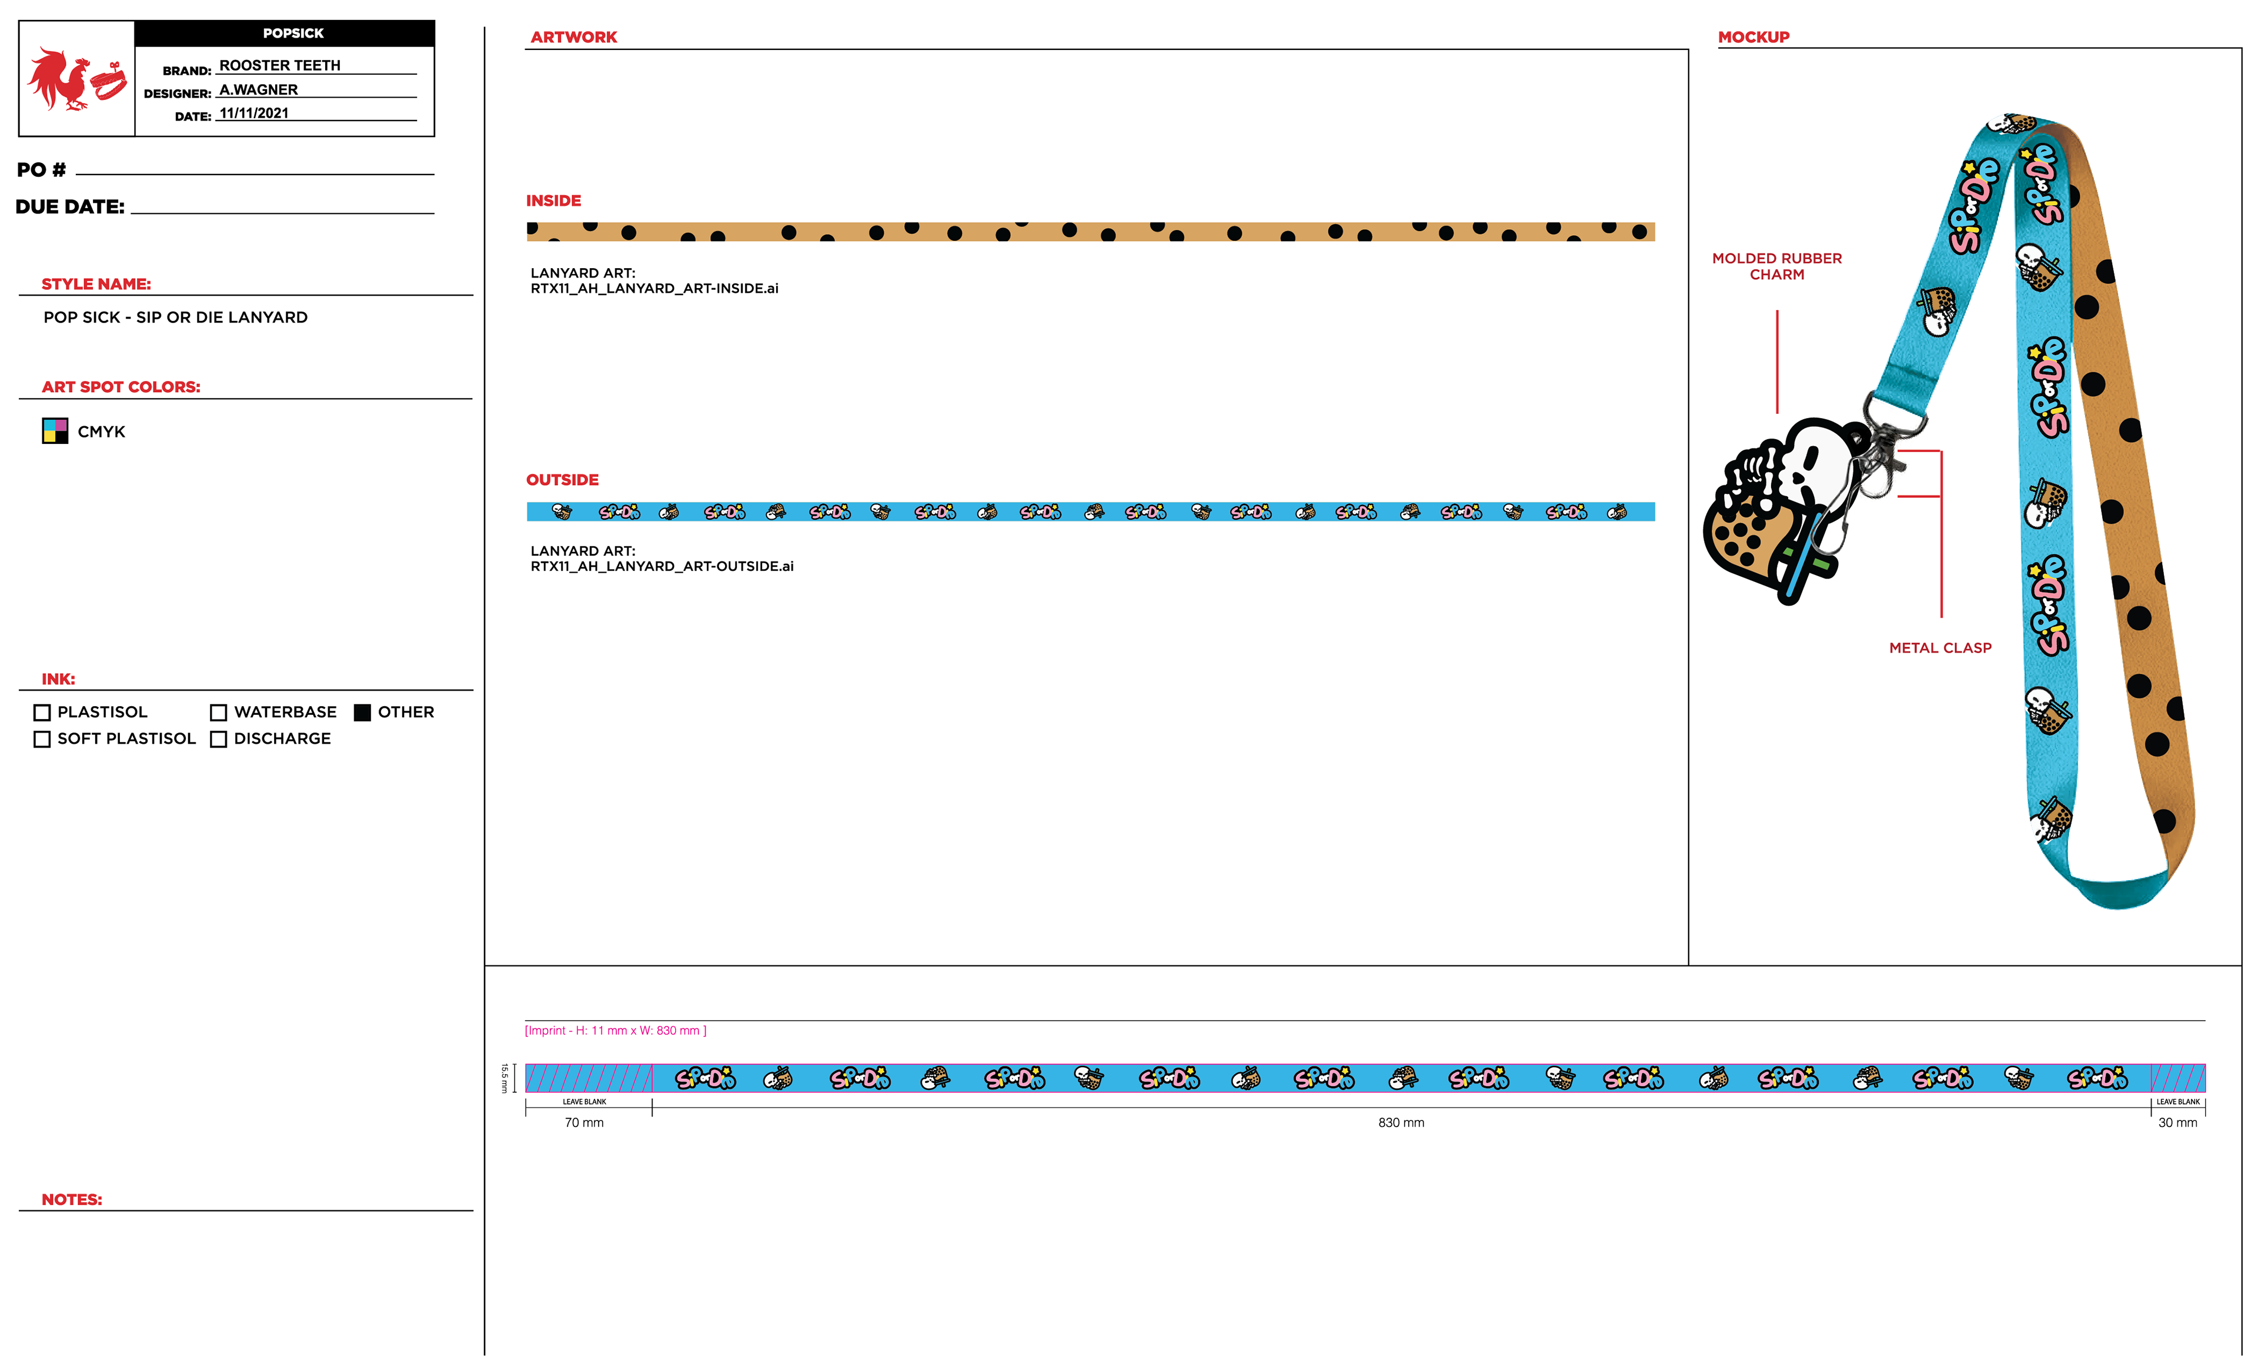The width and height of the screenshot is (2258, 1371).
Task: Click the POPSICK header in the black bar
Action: tap(293, 33)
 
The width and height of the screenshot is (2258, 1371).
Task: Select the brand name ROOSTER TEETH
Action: tap(279, 65)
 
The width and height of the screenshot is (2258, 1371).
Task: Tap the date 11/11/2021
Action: tap(254, 113)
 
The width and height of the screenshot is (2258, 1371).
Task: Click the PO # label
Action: tap(41, 169)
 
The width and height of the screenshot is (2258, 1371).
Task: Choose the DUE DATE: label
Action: tap(69, 207)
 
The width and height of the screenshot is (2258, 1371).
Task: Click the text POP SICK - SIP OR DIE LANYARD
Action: tap(175, 317)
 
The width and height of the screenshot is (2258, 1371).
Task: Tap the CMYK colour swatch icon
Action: tap(55, 431)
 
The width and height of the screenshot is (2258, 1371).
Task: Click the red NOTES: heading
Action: tap(72, 1199)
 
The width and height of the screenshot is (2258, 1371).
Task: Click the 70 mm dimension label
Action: tap(584, 1123)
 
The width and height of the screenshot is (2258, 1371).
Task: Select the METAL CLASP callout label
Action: tap(1940, 648)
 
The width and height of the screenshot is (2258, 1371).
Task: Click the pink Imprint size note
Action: tap(615, 1031)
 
